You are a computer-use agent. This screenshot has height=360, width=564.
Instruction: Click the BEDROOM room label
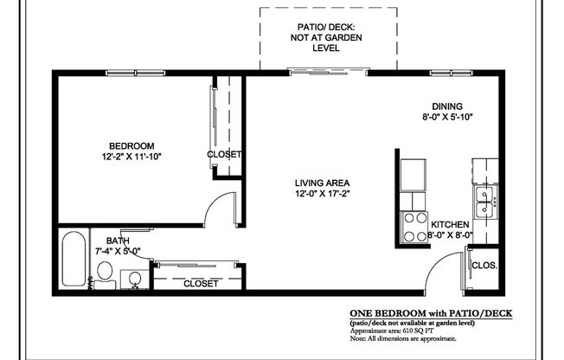[x=131, y=145]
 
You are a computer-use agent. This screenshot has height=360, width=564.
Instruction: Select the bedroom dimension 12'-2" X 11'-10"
[x=131, y=157]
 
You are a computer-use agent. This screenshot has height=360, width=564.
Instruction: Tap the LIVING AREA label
[x=322, y=183]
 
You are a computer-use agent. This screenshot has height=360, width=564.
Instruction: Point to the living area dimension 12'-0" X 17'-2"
[x=322, y=194]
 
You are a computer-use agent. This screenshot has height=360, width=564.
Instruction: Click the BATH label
[x=118, y=241]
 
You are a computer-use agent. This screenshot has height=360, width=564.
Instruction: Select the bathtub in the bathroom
[x=74, y=260]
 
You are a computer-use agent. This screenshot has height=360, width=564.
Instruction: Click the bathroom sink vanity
[x=134, y=279]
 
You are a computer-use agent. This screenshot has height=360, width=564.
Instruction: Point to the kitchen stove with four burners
[x=413, y=228]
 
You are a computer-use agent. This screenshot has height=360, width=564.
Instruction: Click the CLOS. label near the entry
[x=484, y=266]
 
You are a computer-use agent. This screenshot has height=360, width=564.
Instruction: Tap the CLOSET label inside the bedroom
[x=224, y=155]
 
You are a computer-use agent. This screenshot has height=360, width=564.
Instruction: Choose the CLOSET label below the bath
[x=201, y=283]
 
